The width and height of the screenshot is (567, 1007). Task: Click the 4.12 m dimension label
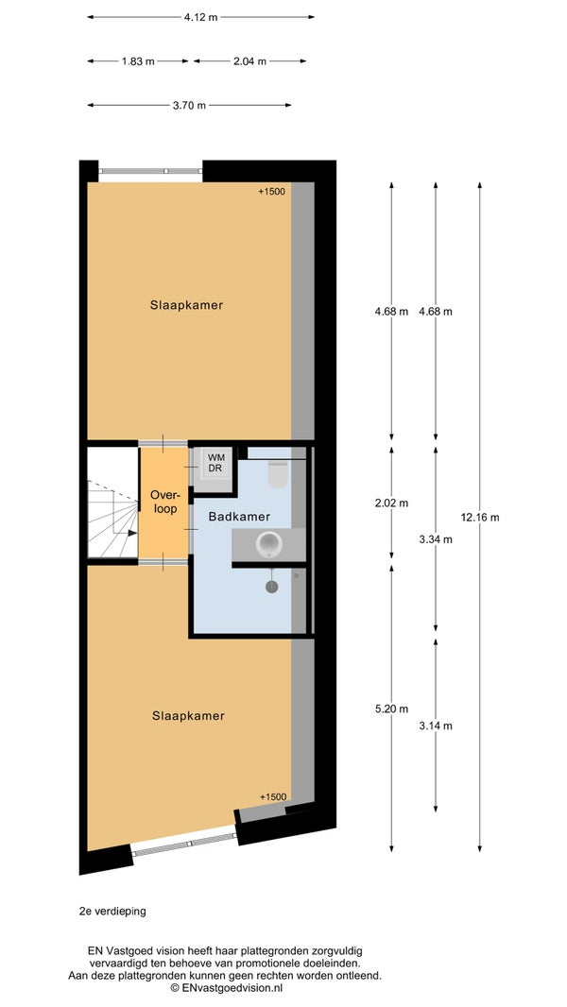tap(200, 17)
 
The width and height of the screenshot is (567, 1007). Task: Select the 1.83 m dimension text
tap(138, 61)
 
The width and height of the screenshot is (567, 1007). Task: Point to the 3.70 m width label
tap(189, 105)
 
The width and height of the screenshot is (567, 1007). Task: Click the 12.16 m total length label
tap(480, 517)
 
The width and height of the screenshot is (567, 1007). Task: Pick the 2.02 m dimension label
tap(391, 503)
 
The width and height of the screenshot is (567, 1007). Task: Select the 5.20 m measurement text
tap(391, 709)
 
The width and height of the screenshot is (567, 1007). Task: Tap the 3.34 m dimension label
tap(436, 539)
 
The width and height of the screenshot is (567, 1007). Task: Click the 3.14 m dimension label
tap(436, 725)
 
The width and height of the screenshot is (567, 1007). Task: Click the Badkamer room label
tap(239, 517)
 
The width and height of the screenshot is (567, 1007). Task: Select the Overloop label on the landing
tap(163, 502)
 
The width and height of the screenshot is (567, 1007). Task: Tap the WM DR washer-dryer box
tap(214, 463)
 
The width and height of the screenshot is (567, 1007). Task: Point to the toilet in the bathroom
tap(278, 474)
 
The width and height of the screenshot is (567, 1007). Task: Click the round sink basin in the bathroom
tap(269, 545)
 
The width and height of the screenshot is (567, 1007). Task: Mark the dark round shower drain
tap(271, 587)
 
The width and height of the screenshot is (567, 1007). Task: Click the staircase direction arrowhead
tap(132, 533)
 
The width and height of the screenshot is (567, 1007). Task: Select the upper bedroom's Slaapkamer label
tap(187, 305)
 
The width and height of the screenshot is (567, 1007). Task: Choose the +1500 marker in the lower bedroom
tap(273, 797)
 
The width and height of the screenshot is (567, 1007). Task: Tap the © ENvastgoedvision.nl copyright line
tap(226, 988)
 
